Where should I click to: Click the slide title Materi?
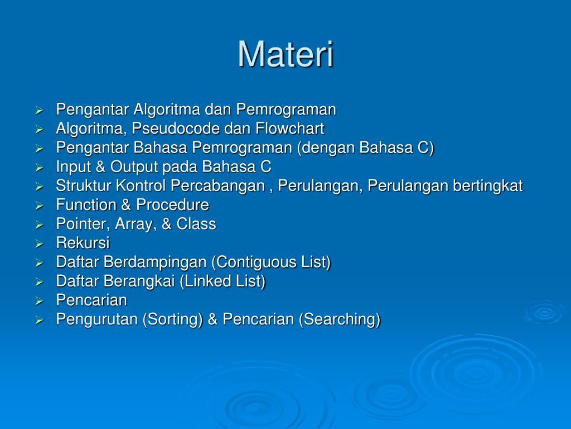[x=285, y=55]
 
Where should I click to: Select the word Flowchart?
[x=290, y=129]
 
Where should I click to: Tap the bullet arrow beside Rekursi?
[x=39, y=244]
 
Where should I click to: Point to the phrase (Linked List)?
[x=222, y=282]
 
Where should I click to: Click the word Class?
[x=196, y=225]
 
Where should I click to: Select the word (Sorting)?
[x=173, y=320]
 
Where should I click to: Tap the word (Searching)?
[x=340, y=320]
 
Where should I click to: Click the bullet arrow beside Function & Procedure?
[x=39, y=206]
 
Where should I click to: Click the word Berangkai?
[x=143, y=282]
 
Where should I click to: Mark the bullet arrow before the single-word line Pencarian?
[x=39, y=301]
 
